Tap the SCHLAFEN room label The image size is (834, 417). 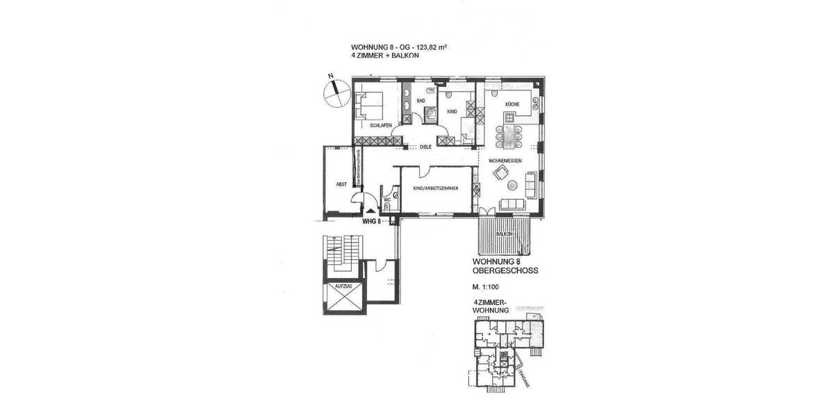(x=380, y=124)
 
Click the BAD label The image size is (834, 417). (x=420, y=101)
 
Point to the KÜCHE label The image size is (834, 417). (x=512, y=104)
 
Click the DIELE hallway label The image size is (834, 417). (x=426, y=147)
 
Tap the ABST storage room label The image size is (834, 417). (x=341, y=185)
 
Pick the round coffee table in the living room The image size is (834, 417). (x=513, y=185)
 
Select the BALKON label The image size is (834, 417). (x=505, y=234)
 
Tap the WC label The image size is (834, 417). (x=387, y=199)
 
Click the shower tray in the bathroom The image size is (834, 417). (x=430, y=115)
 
